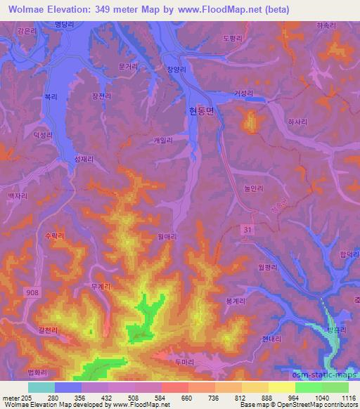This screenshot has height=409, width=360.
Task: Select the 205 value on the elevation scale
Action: point(25,398)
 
